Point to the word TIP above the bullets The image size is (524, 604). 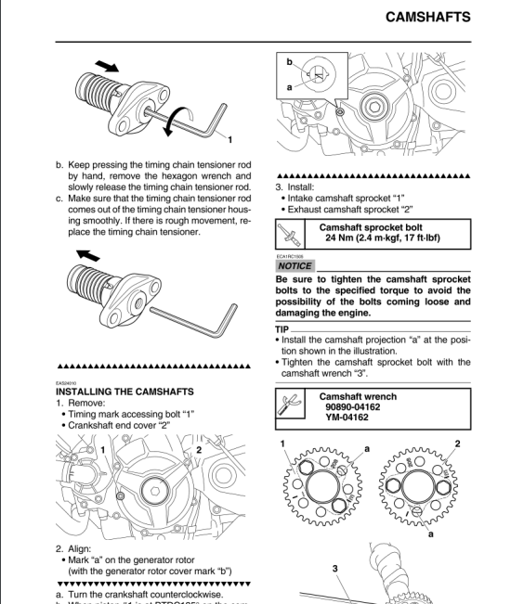[282, 329]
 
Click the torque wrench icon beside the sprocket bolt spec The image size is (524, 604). [291, 232]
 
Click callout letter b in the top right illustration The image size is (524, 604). [289, 63]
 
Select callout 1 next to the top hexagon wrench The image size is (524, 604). [229, 140]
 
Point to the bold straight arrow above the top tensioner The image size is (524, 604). [107, 67]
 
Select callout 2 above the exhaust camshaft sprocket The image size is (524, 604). [457, 444]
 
